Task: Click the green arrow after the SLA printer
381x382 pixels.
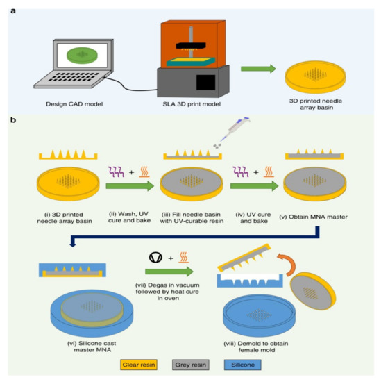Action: coord(255,69)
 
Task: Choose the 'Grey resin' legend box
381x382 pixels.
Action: coord(190,362)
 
